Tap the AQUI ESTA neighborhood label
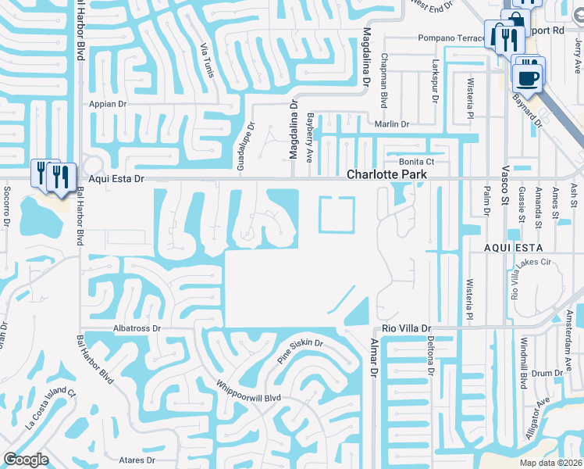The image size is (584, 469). (x=507, y=247)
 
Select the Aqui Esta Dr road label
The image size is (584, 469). (x=117, y=179)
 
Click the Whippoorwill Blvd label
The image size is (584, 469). (x=247, y=392)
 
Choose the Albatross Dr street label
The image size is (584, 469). (x=137, y=329)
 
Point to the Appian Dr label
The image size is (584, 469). (x=109, y=104)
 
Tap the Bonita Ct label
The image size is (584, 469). (x=416, y=162)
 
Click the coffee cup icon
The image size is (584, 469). (x=526, y=77)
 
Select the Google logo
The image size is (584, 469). (x=26, y=460)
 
